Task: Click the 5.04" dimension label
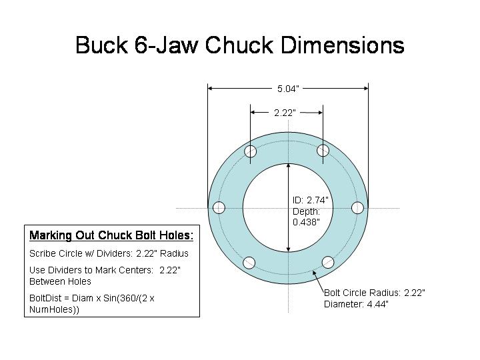tap(288, 88)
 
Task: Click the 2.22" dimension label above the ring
tap(285, 113)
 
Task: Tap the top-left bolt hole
tap(251, 152)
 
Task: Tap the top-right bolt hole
tap(323, 150)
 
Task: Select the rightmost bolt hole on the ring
tap(357, 207)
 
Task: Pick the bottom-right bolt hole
tap(327, 262)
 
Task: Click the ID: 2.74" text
tap(310, 200)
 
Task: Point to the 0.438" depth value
tap(306, 221)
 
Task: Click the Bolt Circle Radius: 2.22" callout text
tap(374, 293)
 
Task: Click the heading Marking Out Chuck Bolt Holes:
tap(111, 235)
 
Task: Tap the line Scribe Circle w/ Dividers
tap(109, 253)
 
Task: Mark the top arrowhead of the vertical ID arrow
tap(288, 167)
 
